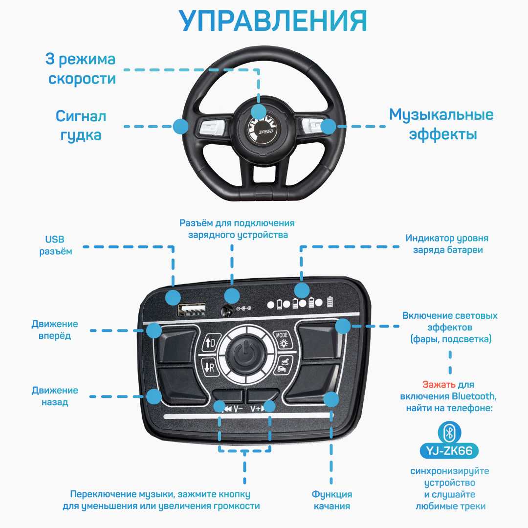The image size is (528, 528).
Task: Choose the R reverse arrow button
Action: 209,367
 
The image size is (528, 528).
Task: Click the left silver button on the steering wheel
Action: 210,128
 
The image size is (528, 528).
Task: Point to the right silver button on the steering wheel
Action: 313,126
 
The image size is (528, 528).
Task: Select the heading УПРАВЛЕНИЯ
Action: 273,21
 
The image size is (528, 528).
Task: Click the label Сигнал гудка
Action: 81,125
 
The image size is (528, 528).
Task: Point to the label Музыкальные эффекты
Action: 441,124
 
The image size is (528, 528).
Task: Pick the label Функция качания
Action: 332,500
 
